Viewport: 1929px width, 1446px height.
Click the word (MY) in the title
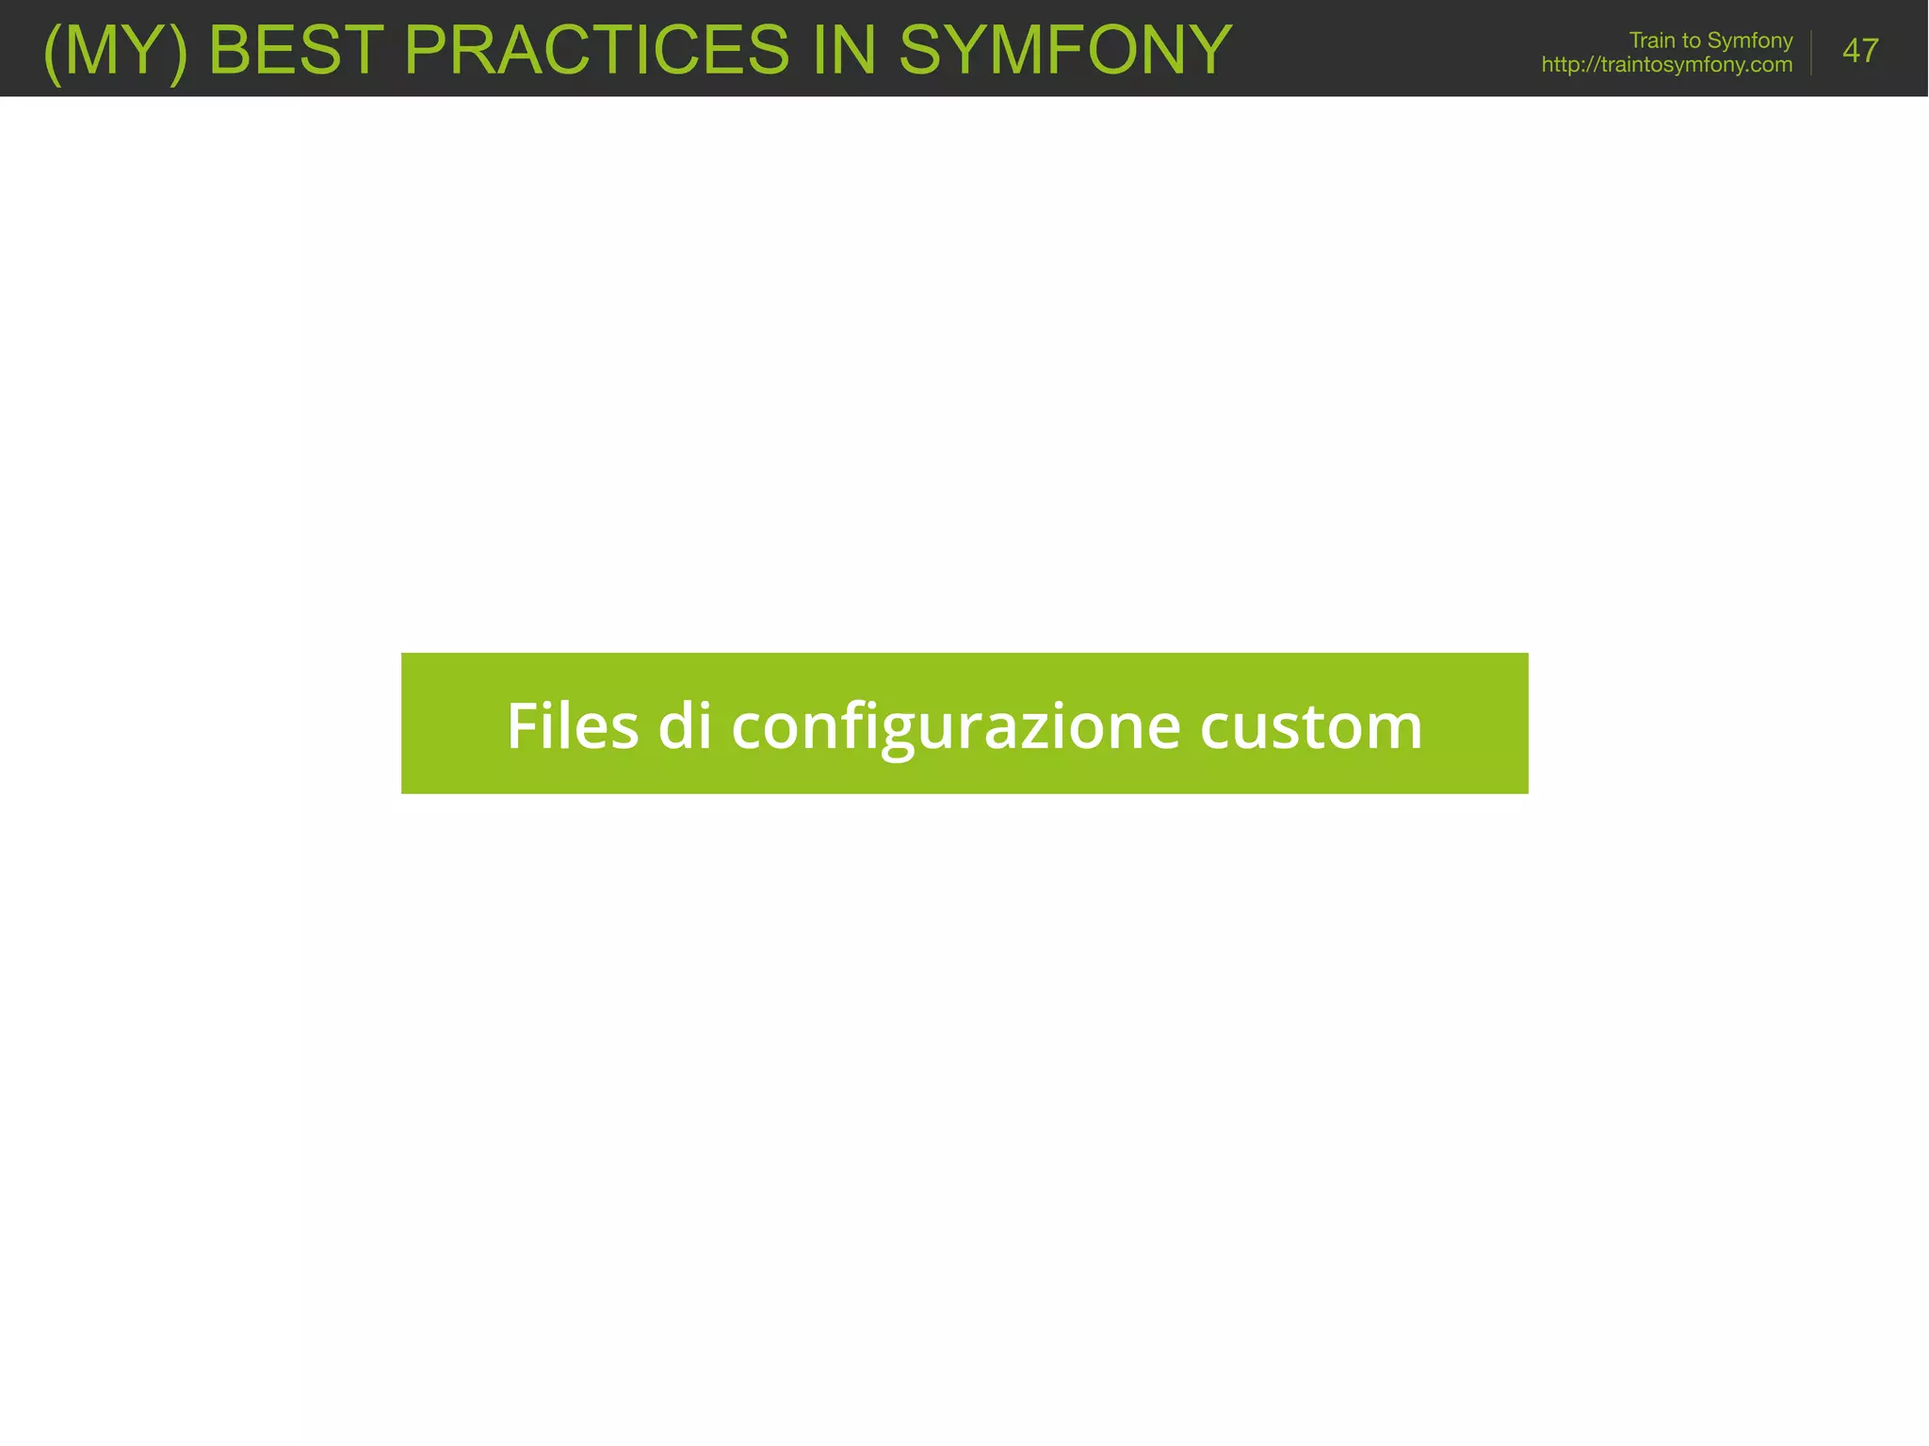click(116, 51)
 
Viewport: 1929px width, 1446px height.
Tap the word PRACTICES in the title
click(596, 50)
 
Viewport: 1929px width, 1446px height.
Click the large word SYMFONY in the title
click(1065, 50)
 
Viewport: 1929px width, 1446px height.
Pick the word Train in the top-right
click(1651, 41)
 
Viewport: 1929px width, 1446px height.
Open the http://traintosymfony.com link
click(1666, 65)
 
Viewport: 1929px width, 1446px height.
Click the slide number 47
click(1860, 51)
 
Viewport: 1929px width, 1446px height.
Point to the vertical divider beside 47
click(1811, 52)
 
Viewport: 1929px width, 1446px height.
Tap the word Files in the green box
click(573, 726)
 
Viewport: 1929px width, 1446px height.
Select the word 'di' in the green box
click(685, 726)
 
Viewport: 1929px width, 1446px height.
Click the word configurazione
click(955, 727)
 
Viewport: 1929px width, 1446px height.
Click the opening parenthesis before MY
click(53, 53)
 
